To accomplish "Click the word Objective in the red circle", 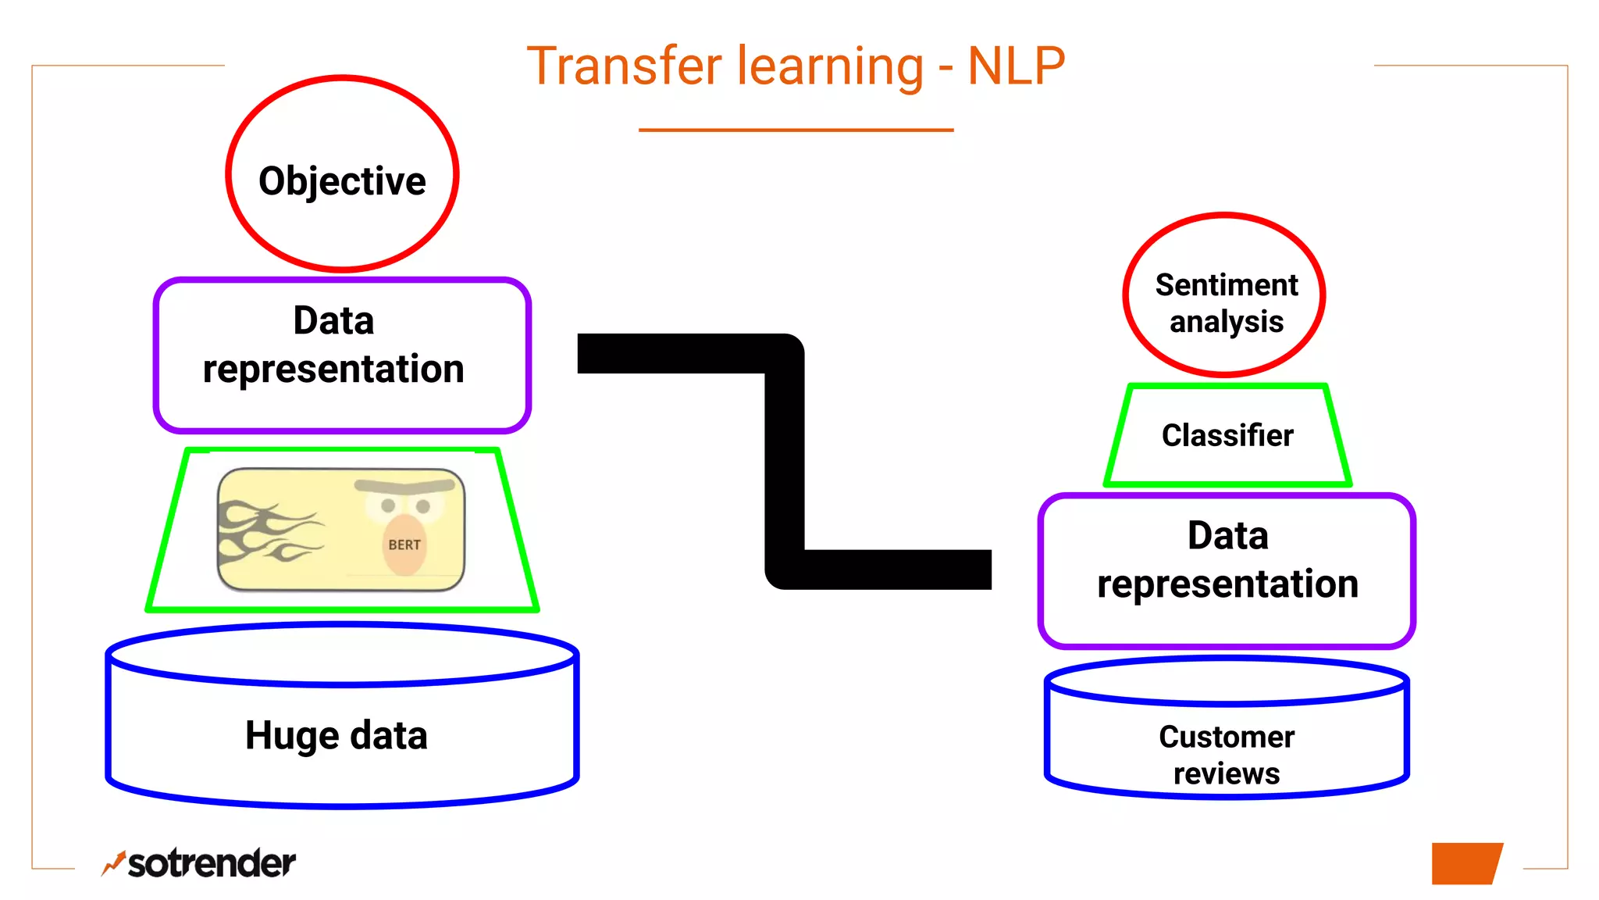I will click(x=342, y=181).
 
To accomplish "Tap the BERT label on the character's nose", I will click(x=404, y=545).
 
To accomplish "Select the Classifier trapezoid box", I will click(x=1227, y=435).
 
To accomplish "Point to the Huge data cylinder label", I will click(x=337, y=735).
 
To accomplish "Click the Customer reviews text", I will click(x=1227, y=754).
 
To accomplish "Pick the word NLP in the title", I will click(x=1016, y=66).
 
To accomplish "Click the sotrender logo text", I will click(x=212, y=863).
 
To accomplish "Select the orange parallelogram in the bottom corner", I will click(x=1465, y=863).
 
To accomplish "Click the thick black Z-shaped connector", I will click(x=784, y=461).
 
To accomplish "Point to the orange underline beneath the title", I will click(x=796, y=130).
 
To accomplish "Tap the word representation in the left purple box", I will click(x=333, y=369).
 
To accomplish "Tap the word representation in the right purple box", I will click(x=1227, y=584).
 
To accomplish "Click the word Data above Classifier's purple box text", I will click(x=1227, y=536).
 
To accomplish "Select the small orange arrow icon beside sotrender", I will click(x=114, y=862).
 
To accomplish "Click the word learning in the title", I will click(x=831, y=66).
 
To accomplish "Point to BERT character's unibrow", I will click(x=404, y=486).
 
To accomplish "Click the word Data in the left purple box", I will click(x=333, y=320).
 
